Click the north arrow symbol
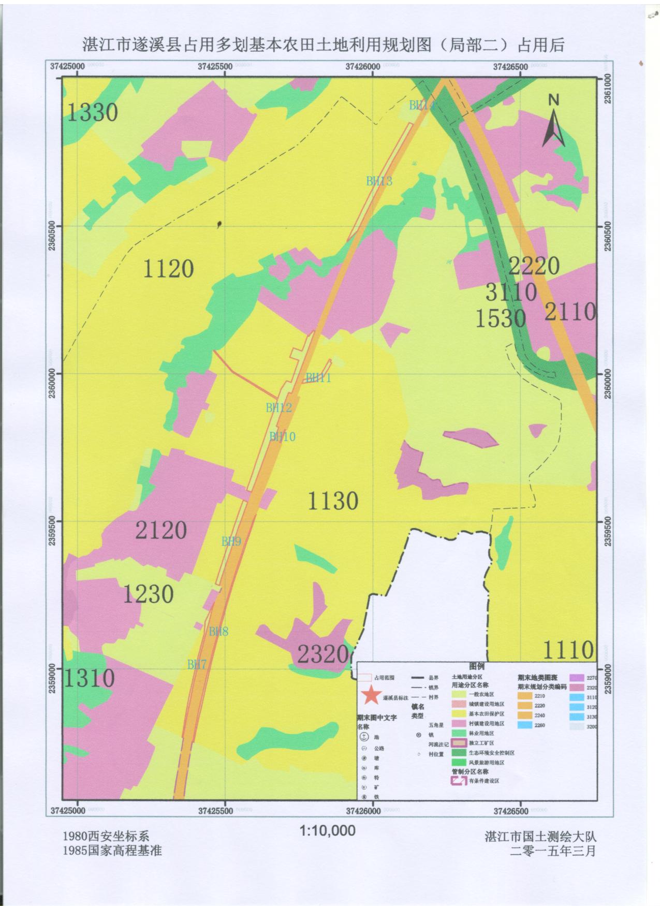pos(553,122)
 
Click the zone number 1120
pos(168,269)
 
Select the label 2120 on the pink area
pos(161,530)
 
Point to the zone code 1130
pos(333,501)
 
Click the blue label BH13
pos(379,181)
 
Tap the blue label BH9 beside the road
pos(231,542)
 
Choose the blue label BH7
pos(197,664)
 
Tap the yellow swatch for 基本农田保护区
pos(459,713)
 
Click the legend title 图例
pos(476,666)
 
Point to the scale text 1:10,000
pos(328,831)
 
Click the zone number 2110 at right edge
pos(570,312)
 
